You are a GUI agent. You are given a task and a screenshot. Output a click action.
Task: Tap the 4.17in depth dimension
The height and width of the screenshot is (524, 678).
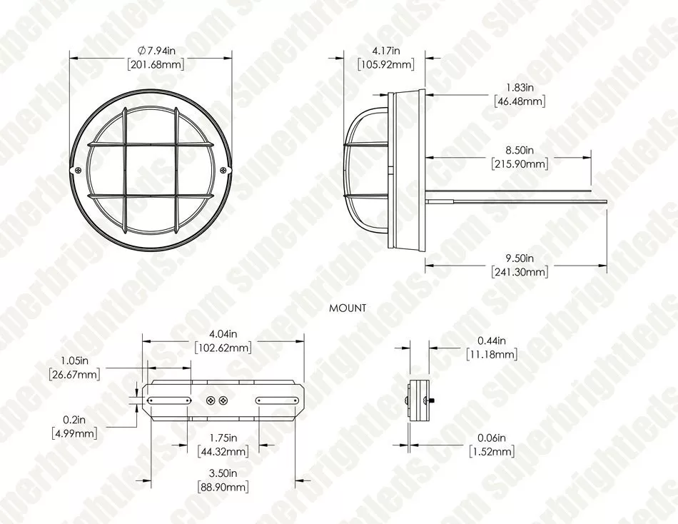click(385, 51)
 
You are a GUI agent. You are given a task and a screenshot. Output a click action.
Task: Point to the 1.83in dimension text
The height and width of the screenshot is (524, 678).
click(520, 87)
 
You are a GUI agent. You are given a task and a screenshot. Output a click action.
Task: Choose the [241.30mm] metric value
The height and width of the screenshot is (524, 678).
click(520, 272)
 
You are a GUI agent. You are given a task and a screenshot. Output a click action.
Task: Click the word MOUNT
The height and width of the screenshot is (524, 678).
click(348, 308)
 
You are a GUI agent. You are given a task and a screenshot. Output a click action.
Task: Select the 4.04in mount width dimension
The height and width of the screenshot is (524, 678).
click(223, 334)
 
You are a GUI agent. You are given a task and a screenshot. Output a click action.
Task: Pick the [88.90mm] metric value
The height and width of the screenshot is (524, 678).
click(223, 487)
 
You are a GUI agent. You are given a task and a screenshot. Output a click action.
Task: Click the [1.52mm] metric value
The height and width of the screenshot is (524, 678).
click(491, 452)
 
